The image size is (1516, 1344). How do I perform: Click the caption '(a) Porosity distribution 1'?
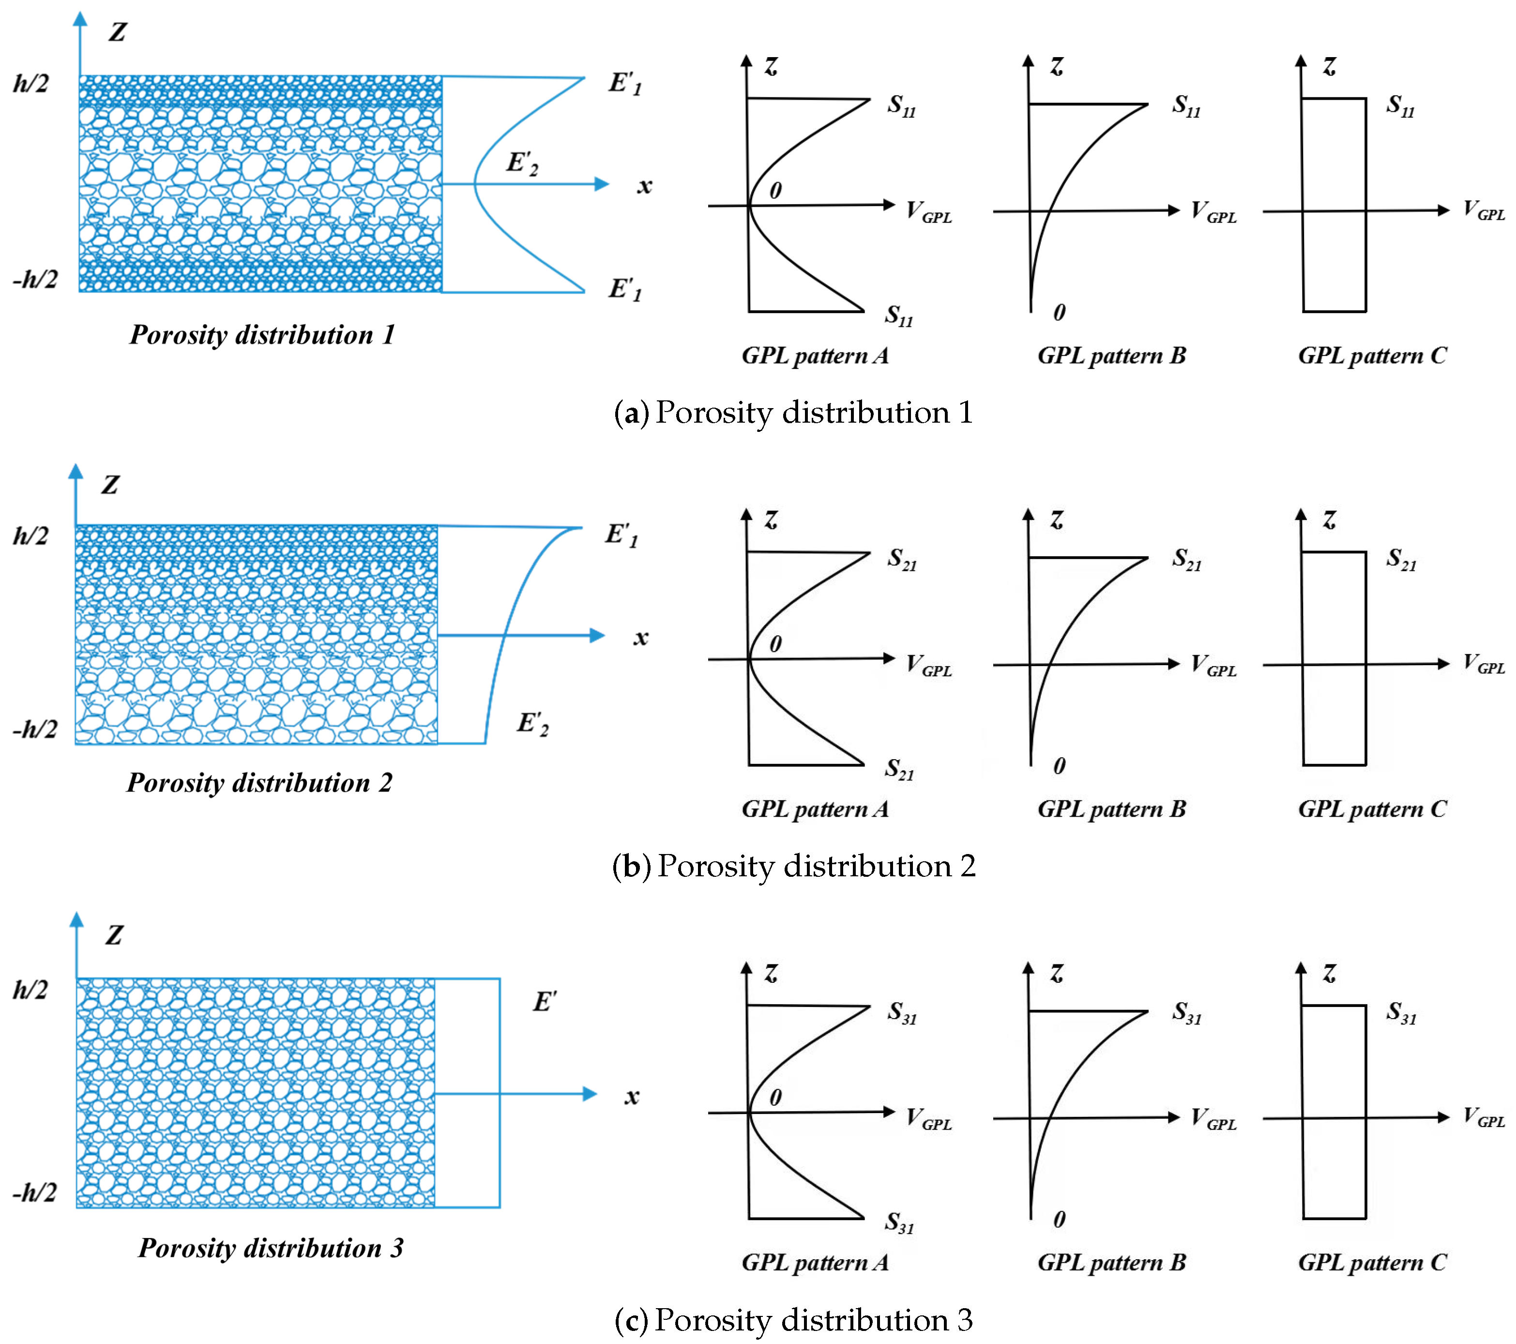pos(794,412)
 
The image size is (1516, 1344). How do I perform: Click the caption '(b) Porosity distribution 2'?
pos(794,866)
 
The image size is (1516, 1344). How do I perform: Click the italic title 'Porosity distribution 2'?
pos(259,782)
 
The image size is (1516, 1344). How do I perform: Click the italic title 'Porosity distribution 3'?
pos(271,1248)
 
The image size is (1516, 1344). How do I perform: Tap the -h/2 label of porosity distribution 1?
pos(35,279)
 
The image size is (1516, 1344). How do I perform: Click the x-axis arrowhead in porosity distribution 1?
pos(602,184)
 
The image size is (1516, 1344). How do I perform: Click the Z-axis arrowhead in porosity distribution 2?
pos(76,472)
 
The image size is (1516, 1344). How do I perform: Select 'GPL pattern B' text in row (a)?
pos(1111,355)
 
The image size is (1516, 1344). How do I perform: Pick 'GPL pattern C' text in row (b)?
pos(1372,809)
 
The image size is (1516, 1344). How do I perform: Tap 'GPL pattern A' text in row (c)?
pos(815,1262)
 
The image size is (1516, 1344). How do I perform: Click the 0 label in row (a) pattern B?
pos(1059,312)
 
